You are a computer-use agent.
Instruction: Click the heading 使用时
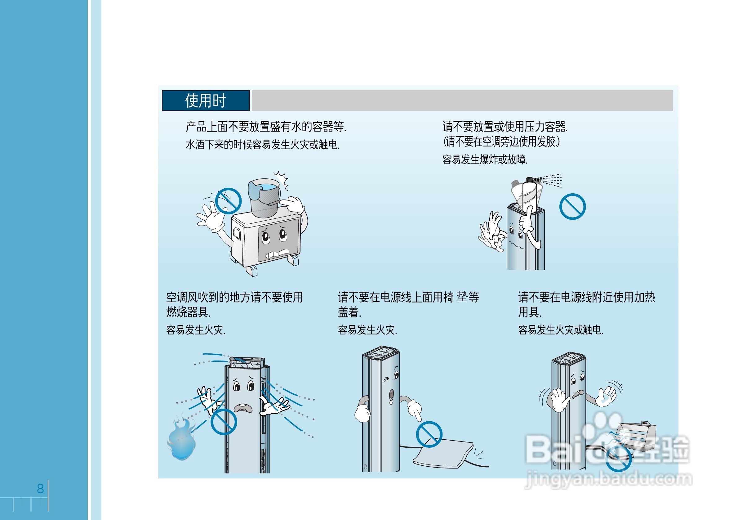coord(205,101)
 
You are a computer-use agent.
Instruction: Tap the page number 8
coord(40,488)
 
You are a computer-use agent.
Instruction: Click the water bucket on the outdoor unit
coord(265,197)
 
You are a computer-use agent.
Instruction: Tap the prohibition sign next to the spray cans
coord(572,206)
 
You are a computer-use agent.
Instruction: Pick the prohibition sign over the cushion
coord(429,434)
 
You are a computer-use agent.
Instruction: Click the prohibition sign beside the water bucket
coord(228,201)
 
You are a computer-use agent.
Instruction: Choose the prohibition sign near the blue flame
coord(224,422)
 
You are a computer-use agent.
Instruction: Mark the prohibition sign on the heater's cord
coord(618,459)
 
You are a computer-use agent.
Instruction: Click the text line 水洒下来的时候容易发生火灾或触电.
coord(263,145)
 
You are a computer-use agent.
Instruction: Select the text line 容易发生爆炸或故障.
coord(485,159)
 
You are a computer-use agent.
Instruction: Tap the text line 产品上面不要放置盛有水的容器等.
coord(266,127)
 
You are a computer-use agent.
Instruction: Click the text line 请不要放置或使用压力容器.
coord(505,127)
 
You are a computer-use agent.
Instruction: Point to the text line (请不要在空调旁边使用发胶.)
coord(501,141)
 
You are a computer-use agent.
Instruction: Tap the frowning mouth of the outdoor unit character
coord(278,254)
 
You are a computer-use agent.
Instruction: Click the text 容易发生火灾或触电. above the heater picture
coord(561,330)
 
